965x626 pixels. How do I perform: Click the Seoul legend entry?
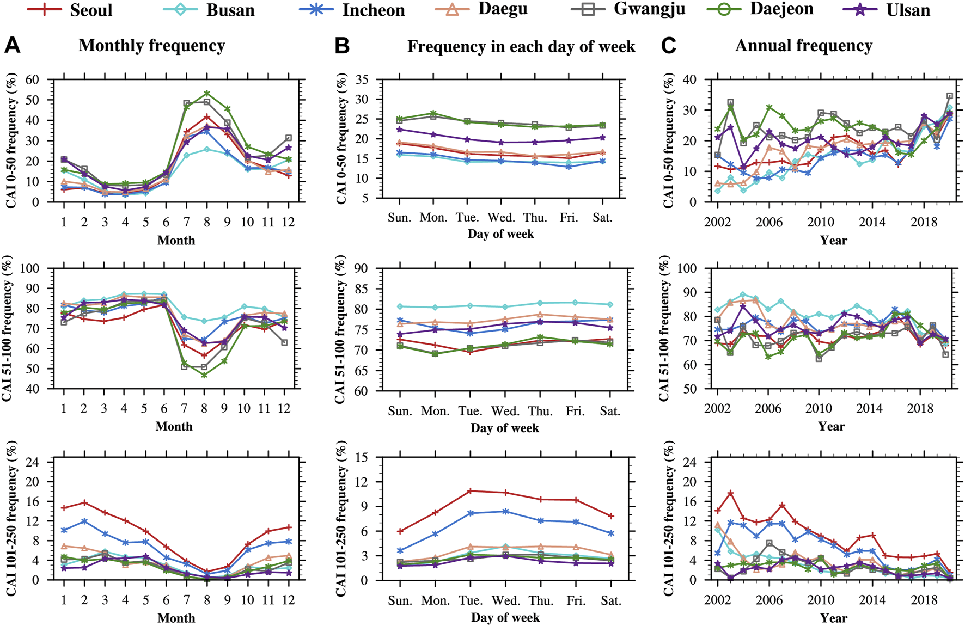pyautogui.click(x=90, y=10)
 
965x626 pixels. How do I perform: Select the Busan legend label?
pyautogui.click(x=230, y=10)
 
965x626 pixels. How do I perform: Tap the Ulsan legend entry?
pyautogui.click(x=908, y=10)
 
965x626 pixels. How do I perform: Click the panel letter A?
pyautogui.click(x=12, y=46)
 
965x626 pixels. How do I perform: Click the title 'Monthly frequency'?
pyautogui.click(x=151, y=46)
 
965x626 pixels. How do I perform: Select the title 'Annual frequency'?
pyautogui.click(x=803, y=46)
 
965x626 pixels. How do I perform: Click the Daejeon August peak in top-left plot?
pyautogui.click(x=207, y=93)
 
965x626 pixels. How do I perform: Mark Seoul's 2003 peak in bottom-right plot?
pyautogui.click(x=731, y=493)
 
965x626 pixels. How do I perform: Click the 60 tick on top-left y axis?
pyautogui.click(x=32, y=80)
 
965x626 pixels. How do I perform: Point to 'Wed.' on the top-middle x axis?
pyautogui.click(x=502, y=218)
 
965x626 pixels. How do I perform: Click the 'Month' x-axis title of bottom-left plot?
pyautogui.click(x=176, y=618)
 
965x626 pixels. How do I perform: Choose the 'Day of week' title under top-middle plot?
pyautogui.click(x=500, y=234)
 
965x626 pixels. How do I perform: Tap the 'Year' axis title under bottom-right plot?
pyautogui.click(x=834, y=618)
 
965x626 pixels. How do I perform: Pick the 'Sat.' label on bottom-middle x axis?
pyautogui.click(x=610, y=600)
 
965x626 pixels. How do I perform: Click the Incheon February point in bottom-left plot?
pyautogui.click(x=84, y=521)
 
